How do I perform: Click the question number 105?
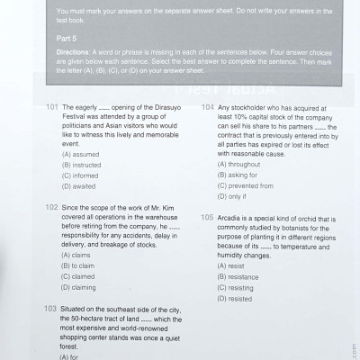(208, 217)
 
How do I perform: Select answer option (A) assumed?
(82, 154)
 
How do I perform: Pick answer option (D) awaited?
(79, 186)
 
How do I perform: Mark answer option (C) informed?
(81, 175)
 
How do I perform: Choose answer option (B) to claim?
(80, 265)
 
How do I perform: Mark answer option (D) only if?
(232, 197)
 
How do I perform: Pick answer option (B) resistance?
(240, 277)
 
